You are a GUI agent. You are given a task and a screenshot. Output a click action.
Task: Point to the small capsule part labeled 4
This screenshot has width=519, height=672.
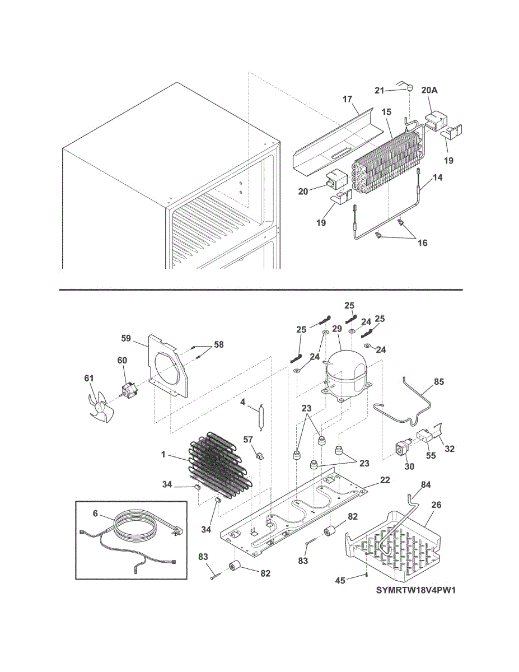coord(259,417)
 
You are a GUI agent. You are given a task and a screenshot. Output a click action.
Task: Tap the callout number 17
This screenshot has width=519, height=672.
coord(347,99)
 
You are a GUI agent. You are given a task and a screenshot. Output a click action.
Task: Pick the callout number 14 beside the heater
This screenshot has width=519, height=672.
coord(437,178)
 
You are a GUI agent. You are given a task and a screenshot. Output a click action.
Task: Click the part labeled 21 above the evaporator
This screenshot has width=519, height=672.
coord(409,87)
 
